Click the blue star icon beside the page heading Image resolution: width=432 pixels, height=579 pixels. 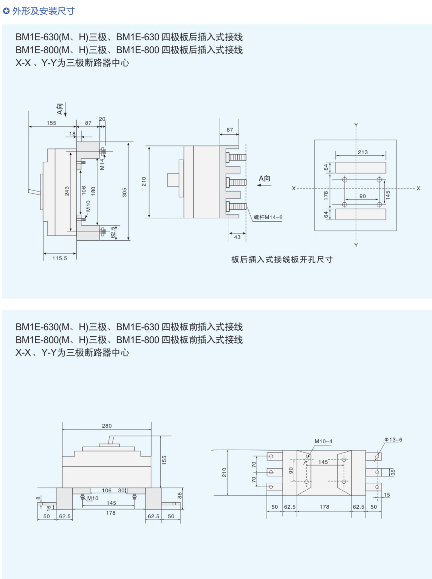[6, 11]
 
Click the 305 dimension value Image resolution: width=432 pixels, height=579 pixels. [124, 192]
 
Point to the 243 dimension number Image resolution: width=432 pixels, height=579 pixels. [67, 191]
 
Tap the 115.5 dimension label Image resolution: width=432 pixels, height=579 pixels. [60, 258]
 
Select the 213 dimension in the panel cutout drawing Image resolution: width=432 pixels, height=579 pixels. [363, 152]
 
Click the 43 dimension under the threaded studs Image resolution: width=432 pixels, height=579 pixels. [237, 237]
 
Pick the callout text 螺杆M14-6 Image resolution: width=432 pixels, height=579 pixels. [268, 217]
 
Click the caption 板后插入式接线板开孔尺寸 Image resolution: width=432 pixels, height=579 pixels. [282, 259]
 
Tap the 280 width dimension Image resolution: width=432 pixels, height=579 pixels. [107, 426]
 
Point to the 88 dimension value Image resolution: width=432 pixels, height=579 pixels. [180, 495]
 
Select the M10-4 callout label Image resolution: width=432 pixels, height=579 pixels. [323, 441]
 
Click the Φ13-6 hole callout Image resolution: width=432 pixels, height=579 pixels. [393, 440]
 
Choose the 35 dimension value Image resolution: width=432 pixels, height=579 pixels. [393, 472]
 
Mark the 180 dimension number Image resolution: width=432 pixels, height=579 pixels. [93, 191]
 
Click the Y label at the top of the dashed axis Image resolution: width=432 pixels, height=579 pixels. [356, 125]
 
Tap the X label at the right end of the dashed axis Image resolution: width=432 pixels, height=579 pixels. [418, 188]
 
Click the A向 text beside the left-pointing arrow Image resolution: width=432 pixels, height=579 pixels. [264, 178]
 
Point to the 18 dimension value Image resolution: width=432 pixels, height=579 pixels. [72, 134]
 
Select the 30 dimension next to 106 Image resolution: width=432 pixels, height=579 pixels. [121, 490]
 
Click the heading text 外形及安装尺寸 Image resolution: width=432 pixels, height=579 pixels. [43, 11]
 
